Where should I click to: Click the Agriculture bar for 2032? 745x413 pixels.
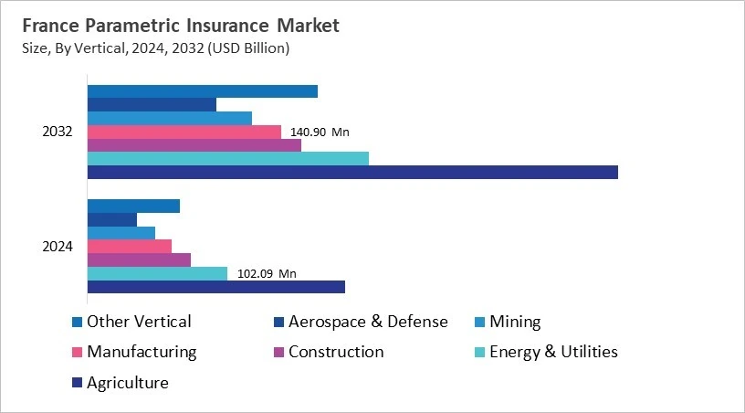352,172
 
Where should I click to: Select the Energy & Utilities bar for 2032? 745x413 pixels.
228,158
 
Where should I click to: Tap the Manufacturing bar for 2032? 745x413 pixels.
184,132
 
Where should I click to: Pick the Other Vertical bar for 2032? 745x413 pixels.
203,91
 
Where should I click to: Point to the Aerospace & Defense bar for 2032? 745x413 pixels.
152,104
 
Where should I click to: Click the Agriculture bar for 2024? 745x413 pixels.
216,287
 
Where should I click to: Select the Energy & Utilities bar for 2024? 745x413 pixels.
157,273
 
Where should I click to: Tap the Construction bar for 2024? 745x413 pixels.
139,259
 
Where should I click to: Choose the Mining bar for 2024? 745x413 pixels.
121,233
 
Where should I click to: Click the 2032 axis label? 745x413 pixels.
58,132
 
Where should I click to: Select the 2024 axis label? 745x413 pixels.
58,247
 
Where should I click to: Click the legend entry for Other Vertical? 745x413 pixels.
138,322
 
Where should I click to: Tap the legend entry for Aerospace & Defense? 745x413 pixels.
368,322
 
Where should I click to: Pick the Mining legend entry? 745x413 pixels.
515,322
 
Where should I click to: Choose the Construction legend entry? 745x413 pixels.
335,352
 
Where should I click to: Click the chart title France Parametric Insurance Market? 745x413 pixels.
181,26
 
